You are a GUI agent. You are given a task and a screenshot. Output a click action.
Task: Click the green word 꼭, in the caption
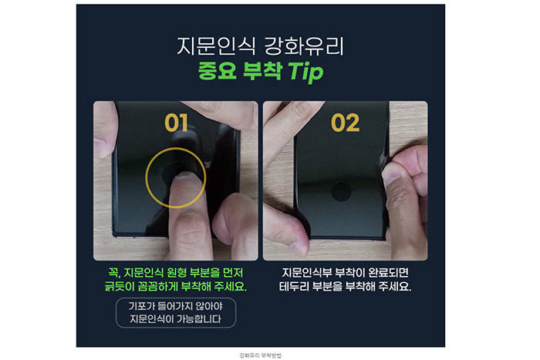(x=114, y=273)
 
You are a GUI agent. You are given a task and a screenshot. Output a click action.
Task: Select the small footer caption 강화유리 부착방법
(x=262, y=355)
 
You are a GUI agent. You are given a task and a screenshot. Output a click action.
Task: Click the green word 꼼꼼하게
(x=165, y=287)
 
